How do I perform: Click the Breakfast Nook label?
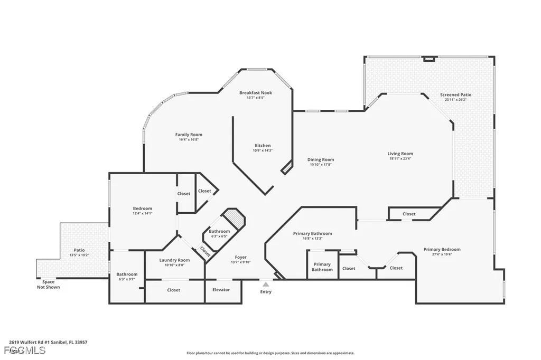[255, 92]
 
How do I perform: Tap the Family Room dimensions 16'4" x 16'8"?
[189, 140]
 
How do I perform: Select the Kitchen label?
[263, 146]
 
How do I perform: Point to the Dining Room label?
[321, 159]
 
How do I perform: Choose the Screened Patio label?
[455, 94]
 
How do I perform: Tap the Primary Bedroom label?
[442, 249]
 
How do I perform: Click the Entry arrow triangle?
[266, 284]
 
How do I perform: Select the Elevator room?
[220, 290]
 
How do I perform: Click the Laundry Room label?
[174, 260]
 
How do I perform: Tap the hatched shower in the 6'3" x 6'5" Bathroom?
[234, 217]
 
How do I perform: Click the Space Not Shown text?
[48, 285]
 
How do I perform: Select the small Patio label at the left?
[79, 250]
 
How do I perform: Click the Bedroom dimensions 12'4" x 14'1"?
[143, 214]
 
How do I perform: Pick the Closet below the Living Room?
[409, 214]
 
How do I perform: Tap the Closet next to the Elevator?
[173, 290]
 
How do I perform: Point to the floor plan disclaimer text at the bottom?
[270, 353]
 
